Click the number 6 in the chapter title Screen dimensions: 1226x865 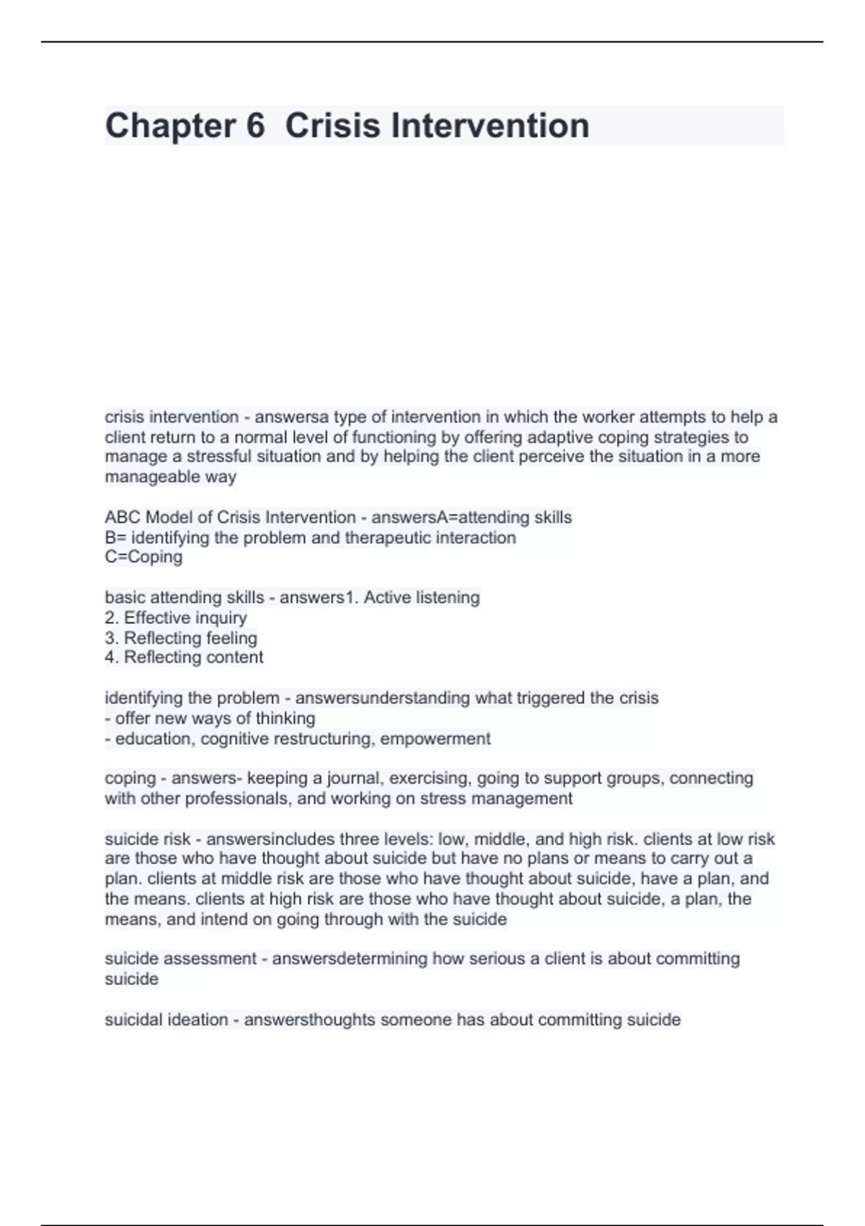point(256,125)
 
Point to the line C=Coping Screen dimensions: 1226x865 point(143,557)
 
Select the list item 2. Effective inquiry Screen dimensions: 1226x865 point(176,618)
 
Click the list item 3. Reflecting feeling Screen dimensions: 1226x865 point(181,638)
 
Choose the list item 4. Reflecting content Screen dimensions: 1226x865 point(184,658)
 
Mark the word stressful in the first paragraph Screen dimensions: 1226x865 point(219,457)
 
